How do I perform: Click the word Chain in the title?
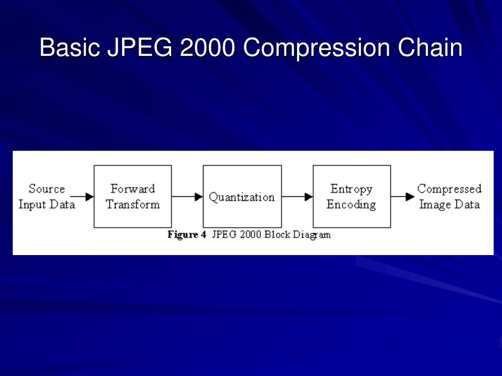[430, 48]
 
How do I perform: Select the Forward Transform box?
[133, 196]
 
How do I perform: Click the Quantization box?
[242, 196]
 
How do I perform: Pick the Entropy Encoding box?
[351, 196]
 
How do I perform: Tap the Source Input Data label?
[47, 196]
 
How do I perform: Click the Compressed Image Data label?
[449, 196]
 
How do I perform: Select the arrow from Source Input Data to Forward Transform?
[82, 197]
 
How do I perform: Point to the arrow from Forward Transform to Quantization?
[187, 197]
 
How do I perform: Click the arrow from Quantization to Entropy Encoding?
[297, 197]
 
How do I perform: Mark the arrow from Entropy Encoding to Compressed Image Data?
[403, 197]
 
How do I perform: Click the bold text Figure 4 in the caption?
[187, 235]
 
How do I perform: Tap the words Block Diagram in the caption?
[298, 235]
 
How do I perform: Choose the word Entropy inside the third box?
[351, 189]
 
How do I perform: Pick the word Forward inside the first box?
[133, 189]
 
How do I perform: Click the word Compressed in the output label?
[449, 189]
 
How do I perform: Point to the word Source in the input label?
[47, 189]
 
